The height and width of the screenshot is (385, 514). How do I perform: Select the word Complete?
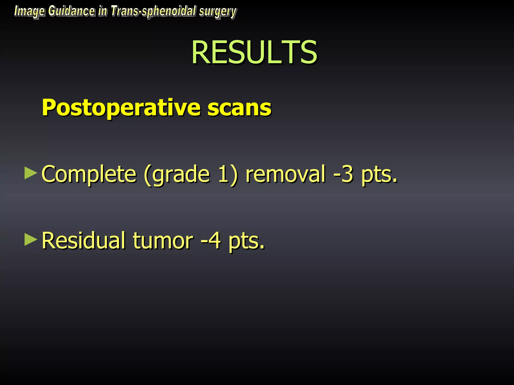pyautogui.click(x=89, y=174)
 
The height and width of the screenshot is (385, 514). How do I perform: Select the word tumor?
pyautogui.click(x=163, y=241)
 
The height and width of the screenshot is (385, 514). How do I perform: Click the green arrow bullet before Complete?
pyautogui.click(x=31, y=173)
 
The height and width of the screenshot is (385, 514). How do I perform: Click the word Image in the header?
pyautogui.click(x=29, y=12)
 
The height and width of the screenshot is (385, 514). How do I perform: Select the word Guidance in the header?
pyautogui.click(x=72, y=11)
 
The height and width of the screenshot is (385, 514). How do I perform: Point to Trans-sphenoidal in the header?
pyautogui.click(x=153, y=12)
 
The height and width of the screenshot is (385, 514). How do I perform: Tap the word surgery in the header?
pyautogui.click(x=218, y=12)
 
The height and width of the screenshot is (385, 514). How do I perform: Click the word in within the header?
pyautogui.click(x=102, y=11)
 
